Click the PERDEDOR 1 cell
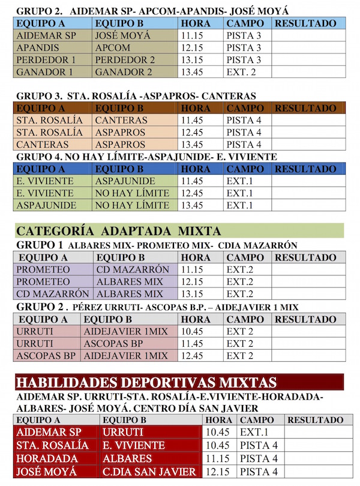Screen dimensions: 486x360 (46, 60)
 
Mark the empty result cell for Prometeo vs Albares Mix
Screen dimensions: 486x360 (309, 282)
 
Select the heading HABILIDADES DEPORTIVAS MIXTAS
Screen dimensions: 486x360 (146, 382)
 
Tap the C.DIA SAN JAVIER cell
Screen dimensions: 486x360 (149, 472)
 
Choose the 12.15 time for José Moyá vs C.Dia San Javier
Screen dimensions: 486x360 (215, 472)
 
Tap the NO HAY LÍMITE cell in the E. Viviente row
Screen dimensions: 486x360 (132, 193)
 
